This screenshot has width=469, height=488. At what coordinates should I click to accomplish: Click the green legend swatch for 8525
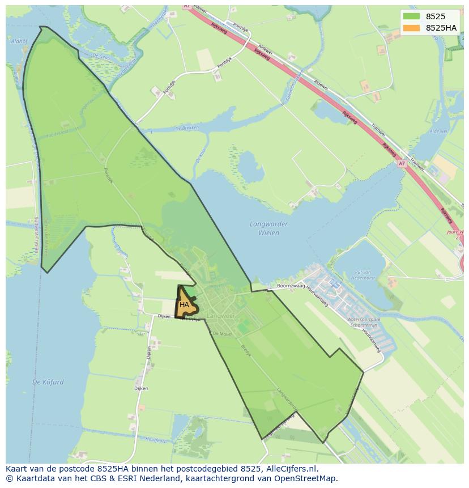coord(412,16)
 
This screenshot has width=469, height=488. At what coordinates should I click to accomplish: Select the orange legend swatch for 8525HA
coord(412,28)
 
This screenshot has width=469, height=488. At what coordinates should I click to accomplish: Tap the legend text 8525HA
coord(441,28)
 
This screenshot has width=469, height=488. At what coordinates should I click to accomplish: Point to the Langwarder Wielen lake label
coord(268,228)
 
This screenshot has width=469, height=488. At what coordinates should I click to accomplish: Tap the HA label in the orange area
coord(184,305)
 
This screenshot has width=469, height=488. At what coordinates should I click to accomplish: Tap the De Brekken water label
coord(187,129)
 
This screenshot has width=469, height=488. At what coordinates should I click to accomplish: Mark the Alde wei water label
coord(439,131)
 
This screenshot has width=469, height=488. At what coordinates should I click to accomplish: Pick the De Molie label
coord(222,334)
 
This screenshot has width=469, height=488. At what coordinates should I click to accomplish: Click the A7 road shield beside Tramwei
coord(402,163)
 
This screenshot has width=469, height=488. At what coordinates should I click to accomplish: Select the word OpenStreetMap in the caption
coord(309,478)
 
